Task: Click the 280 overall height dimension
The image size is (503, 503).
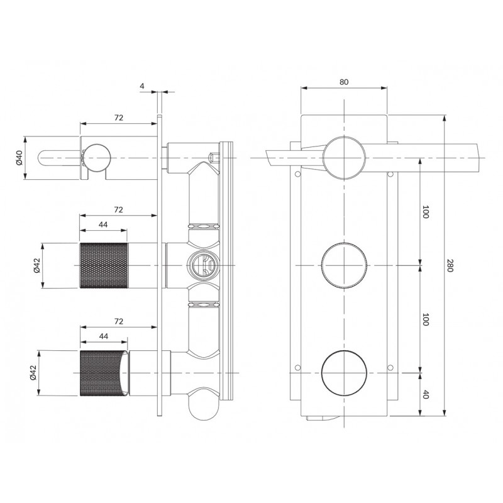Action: coord(450,265)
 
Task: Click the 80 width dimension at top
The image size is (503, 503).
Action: coord(343,82)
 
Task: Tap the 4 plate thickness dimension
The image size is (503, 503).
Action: coord(142,86)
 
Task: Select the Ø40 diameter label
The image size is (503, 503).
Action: coord(19,158)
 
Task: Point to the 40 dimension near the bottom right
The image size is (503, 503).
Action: coord(426,395)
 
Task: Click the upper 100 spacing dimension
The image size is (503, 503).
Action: coord(426,212)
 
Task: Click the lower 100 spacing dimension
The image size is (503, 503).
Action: coord(426,319)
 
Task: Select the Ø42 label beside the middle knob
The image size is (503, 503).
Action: coord(36,265)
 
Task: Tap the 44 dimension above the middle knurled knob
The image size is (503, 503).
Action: coord(103,224)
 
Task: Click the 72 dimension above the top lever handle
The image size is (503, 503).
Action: coord(119,118)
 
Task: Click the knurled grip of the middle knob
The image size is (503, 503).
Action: coord(104,265)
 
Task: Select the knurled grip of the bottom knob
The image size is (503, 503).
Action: coord(102,373)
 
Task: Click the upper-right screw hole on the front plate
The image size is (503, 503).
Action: coord(390,174)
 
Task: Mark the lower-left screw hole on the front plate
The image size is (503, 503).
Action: coord(297,367)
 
